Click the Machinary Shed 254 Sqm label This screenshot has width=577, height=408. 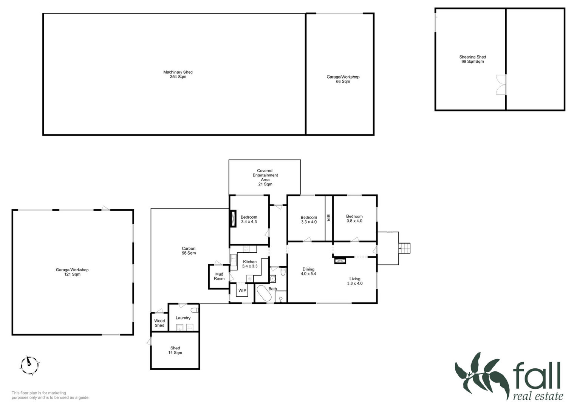coord(178,74)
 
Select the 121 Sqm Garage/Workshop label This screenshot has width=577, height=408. coord(72,272)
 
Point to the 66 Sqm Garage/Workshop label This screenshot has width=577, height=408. coord(343,79)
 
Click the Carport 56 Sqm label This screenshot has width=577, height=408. coord(189,250)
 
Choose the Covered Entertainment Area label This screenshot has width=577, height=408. coord(265,177)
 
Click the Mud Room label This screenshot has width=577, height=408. coord(219,276)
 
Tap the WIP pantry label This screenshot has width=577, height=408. coord(242,291)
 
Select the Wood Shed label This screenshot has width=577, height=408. coord(159,323)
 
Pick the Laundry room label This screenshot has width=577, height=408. coord(183,318)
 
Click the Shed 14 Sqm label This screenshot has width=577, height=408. coord(175,350)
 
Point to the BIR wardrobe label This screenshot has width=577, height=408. coord(328,218)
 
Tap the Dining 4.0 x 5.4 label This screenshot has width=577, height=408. coord(308,272)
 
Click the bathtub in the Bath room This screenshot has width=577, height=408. coord(264,293)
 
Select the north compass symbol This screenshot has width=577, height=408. coord(29,365)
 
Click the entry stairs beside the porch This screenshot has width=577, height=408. coord(404,248)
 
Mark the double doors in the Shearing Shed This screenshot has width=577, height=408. coord(501,85)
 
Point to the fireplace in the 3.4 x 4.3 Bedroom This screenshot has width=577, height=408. coord(234,219)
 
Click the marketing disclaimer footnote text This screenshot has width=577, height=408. coord(51,395)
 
